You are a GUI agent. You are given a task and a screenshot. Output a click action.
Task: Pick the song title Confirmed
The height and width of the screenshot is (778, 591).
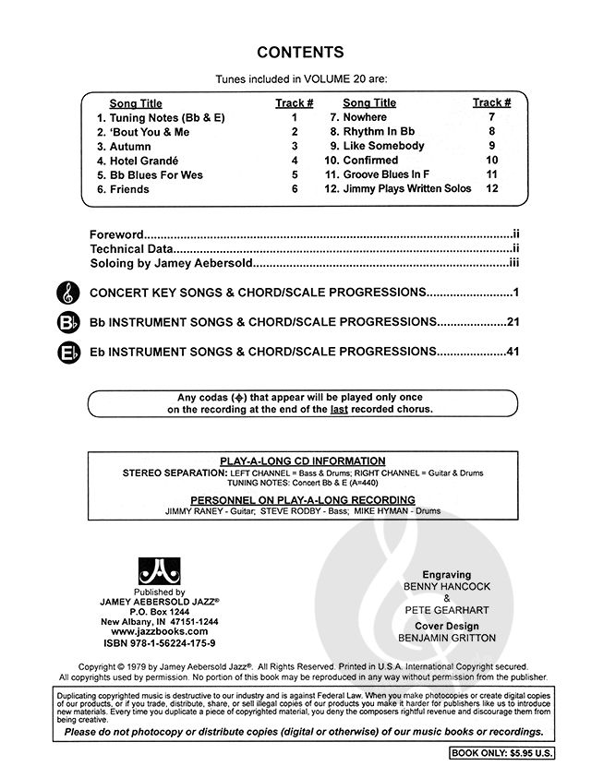370,161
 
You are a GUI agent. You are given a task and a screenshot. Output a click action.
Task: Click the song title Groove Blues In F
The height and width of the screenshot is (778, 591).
385,174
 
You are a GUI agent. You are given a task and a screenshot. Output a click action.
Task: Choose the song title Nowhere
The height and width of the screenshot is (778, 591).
365,117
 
